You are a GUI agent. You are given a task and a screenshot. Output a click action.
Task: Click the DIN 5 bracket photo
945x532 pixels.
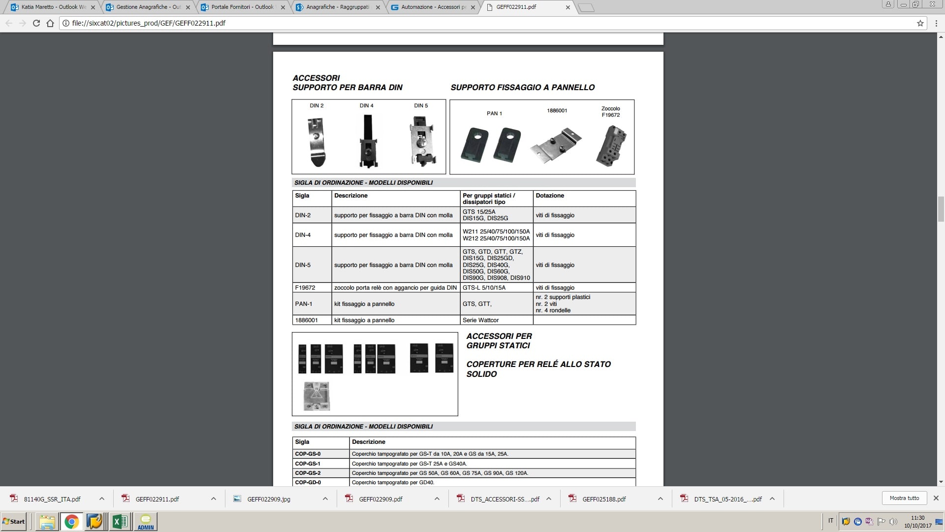click(x=422, y=141)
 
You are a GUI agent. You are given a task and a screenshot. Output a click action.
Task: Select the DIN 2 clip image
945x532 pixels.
click(x=317, y=142)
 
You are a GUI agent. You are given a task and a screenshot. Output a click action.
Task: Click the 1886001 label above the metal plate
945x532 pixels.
click(x=557, y=111)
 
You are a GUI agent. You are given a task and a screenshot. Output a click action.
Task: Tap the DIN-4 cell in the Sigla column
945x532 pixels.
click(x=303, y=235)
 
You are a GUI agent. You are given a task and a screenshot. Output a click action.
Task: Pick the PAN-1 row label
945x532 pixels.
click(x=304, y=304)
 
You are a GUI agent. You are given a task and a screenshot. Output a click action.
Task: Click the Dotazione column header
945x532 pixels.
click(x=550, y=196)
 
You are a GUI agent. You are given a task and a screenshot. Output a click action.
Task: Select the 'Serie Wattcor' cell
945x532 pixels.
click(x=480, y=320)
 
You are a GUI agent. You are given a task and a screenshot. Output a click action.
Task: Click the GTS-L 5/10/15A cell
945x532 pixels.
click(x=484, y=288)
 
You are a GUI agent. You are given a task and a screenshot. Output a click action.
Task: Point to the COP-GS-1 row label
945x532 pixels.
click(x=308, y=464)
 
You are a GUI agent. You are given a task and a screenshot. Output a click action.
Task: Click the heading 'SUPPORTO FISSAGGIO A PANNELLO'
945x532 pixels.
click(x=522, y=87)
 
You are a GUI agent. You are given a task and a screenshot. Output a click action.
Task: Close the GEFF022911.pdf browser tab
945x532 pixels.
click(x=568, y=7)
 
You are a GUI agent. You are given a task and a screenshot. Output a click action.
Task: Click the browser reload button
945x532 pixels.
click(x=36, y=23)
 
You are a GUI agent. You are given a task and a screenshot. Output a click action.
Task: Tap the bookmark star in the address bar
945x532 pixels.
click(x=920, y=23)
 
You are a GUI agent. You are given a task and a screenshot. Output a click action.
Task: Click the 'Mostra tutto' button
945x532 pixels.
click(x=904, y=498)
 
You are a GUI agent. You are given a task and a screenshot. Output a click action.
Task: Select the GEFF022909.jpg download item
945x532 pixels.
click(x=269, y=499)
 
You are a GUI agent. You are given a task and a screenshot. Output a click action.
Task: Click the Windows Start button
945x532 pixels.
click(x=14, y=521)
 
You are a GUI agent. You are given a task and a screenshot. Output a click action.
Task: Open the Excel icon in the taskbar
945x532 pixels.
click(x=120, y=521)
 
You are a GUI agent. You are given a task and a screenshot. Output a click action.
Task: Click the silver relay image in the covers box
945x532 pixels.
click(x=316, y=396)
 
